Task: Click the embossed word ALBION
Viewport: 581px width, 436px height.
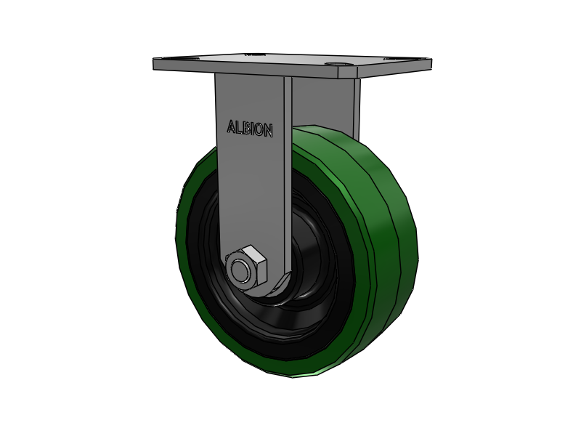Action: [x=250, y=129]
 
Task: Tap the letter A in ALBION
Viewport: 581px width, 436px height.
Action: [x=231, y=126]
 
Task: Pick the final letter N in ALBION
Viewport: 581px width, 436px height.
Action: [x=268, y=131]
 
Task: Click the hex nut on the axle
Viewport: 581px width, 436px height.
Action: [x=245, y=267]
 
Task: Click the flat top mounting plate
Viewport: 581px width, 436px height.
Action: [x=293, y=65]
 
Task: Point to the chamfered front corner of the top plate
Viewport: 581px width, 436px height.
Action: [x=348, y=72]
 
